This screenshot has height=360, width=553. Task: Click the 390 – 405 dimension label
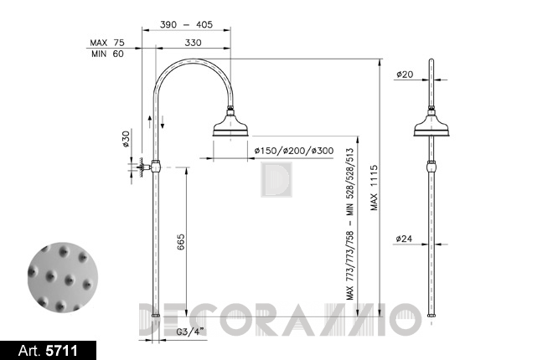pyautogui.click(x=186, y=24)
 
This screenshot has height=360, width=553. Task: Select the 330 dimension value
pyautogui.click(x=193, y=43)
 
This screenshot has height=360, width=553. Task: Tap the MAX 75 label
pyautogui.click(x=107, y=43)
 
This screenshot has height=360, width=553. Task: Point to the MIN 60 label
pyautogui.click(x=107, y=54)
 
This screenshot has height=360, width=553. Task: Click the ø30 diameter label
pyautogui.click(x=126, y=139)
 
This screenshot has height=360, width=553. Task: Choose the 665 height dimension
pyautogui.click(x=180, y=242)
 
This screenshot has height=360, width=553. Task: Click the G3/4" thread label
pyautogui.click(x=190, y=332)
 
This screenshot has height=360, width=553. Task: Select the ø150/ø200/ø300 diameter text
pyautogui.click(x=294, y=151)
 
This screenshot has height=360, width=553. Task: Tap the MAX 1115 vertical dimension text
pyautogui.click(x=374, y=188)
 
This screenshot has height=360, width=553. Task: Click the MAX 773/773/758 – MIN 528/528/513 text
pyautogui.click(x=349, y=224)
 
